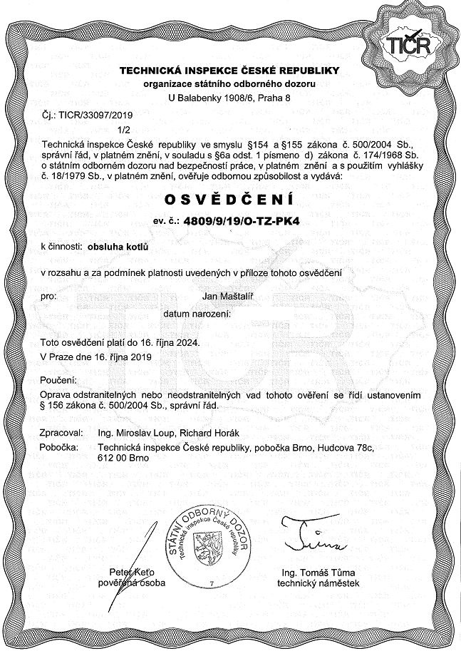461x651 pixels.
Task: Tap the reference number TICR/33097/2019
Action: click(x=83, y=114)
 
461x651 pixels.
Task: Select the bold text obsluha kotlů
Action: click(x=115, y=247)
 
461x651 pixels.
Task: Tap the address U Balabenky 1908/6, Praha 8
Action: click(x=229, y=97)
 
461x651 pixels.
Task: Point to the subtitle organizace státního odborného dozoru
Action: click(x=229, y=83)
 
